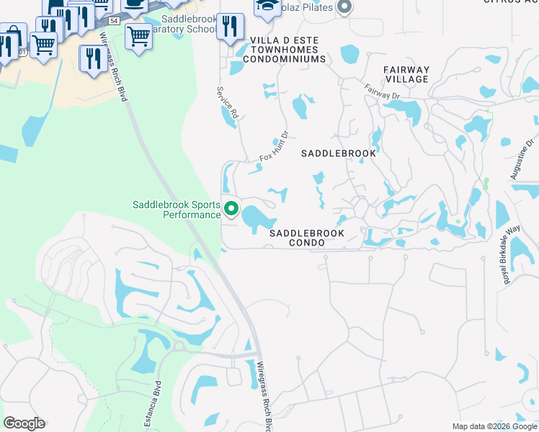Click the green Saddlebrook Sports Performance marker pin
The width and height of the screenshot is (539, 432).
tap(231, 209)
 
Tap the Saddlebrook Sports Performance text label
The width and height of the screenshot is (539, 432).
tap(177, 210)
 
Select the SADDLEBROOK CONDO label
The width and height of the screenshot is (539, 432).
tap(306, 238)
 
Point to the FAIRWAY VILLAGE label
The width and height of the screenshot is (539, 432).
tap(406, 75)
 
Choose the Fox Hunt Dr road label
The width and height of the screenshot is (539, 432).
tap(274, 146)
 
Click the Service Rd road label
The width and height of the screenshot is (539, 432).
tap(228, 103)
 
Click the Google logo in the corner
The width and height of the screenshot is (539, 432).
tap(24, 423)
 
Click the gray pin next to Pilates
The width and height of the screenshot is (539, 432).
tap(344, 7)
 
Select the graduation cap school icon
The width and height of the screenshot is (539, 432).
tap(267, 6)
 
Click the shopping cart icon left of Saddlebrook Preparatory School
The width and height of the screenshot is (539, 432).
tap(138, 35)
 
